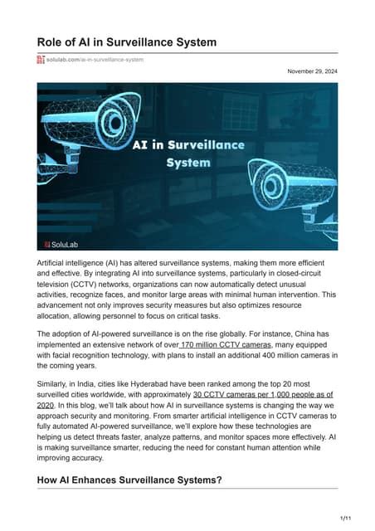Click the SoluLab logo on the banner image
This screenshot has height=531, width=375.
61,244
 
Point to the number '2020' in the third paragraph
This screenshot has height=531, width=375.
45,408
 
